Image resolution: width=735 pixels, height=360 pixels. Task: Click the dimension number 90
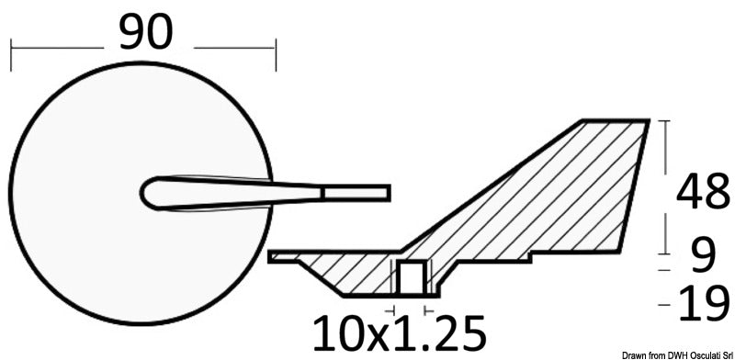coord(144,34)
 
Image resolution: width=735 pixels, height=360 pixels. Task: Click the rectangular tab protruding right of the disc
coord(357,192)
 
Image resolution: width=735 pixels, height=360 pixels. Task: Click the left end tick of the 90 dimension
coord(10,53)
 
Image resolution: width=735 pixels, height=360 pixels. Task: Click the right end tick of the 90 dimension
coord(274,53)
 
